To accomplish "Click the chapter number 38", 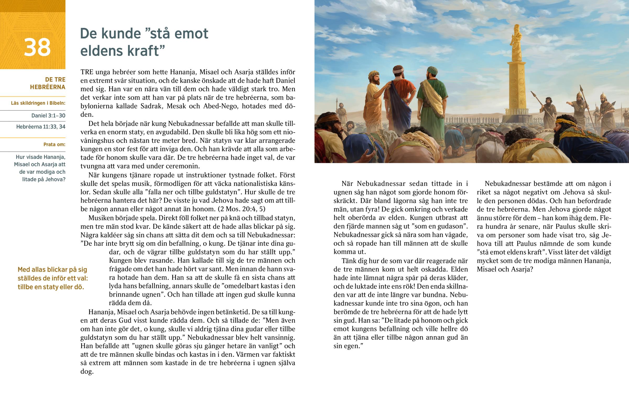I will click(37, 47).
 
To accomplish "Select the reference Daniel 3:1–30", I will click(48, 115).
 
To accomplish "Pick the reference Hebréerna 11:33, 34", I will click(41, 127).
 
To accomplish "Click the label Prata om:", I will click(54, 144).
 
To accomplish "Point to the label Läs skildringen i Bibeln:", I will click(38, 103).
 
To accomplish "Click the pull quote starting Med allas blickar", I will click(52, 278).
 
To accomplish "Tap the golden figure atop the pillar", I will click(517, 42).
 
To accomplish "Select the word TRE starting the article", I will click(87, 72).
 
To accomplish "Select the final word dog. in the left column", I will click(87, 371).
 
